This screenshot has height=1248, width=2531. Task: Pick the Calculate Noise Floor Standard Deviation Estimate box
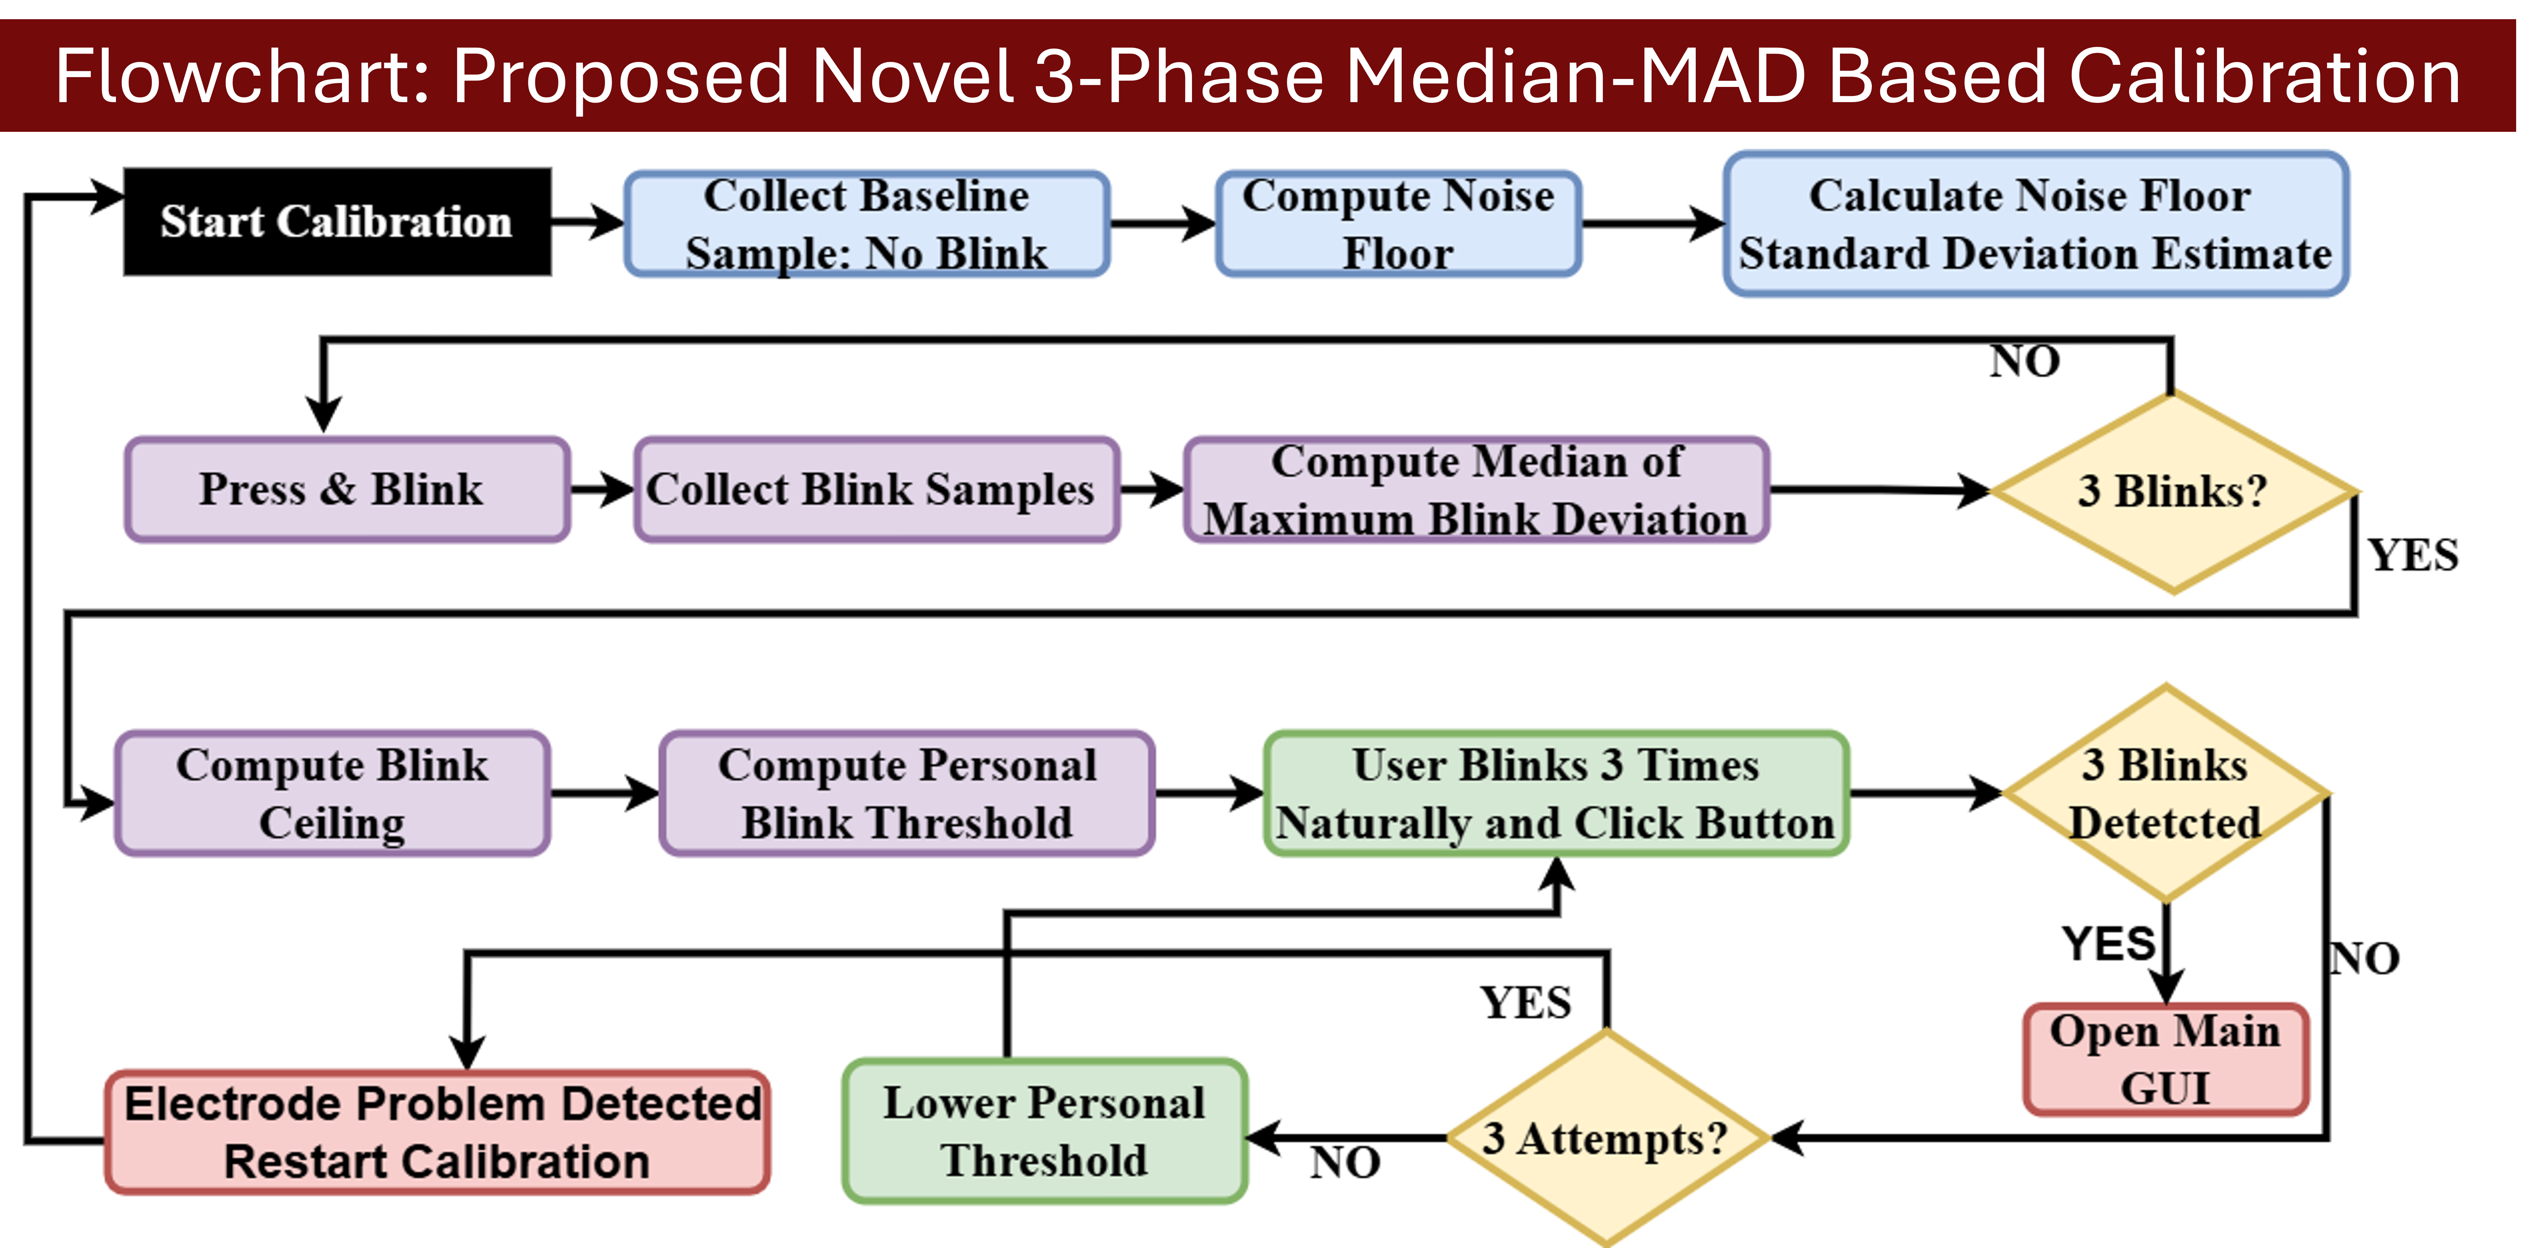click(x=2036, y=224)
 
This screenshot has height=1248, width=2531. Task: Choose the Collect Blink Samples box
click(x=877, y=489)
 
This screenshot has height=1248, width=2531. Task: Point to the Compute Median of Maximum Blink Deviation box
click(x=1477, y=489)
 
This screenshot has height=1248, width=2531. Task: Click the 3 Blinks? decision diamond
click(x=2174, y=491)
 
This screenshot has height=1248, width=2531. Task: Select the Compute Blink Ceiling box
click(x=332, y=793)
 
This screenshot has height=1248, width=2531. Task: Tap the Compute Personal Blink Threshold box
click(x=907, y=793)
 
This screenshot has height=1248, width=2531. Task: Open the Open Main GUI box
click(x=2167, y=1059)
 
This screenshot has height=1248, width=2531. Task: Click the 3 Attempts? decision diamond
click(x=1606, y=1138)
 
